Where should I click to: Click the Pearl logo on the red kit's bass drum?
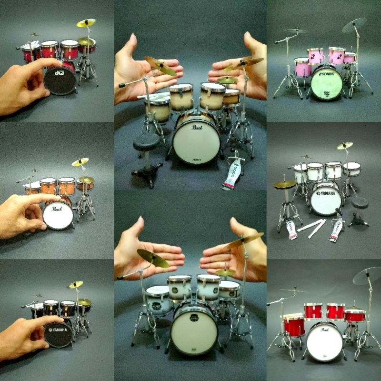pyautogui.click(x=325, y=329)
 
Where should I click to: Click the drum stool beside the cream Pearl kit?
pyautogui.click(x=146, y=142)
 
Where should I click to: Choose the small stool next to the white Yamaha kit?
pyautogui.click(x=361, y=205)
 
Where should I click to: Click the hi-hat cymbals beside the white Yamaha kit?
pyautogui.click(x=285, y=184)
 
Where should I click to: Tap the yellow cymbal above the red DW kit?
pyautogui.click(x=86, y=22)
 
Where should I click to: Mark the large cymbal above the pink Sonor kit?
pyautogui.click(x=354, y=25)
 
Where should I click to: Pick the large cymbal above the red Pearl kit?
pyautogui.click(x=367, y=274)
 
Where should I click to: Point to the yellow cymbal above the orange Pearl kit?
pyautogui.click(x=80, y=162)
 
